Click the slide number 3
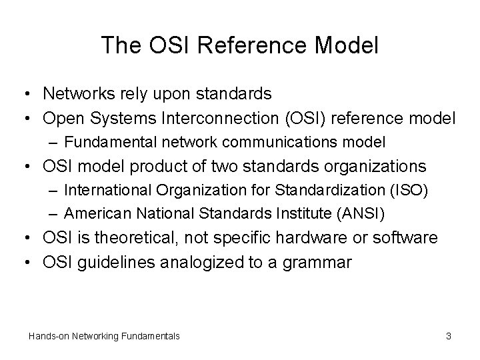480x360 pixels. (449, 337)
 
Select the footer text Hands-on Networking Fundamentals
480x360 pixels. (104, 337)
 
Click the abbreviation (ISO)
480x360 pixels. (408, 189)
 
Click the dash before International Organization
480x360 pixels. (55, 189)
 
